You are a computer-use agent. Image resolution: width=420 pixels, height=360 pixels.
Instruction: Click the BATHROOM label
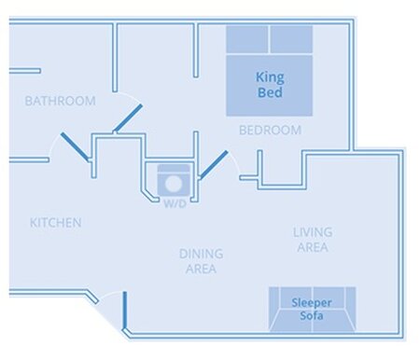coord(60,101)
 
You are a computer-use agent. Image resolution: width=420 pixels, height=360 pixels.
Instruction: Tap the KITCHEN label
coord(56,223)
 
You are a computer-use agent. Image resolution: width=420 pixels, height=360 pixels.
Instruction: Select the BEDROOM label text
coord(270,130)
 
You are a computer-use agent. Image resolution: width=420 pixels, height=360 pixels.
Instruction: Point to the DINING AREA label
coord(201,261)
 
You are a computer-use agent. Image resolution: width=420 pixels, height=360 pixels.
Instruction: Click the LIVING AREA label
coord(313,240)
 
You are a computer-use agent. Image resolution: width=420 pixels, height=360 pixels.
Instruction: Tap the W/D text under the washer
coord(175,204)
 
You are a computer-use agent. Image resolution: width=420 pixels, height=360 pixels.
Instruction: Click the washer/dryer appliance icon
coord(174,180)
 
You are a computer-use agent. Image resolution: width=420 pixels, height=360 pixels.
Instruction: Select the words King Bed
coord(270,85)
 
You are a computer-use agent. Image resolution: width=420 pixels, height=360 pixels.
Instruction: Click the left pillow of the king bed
coord(247,39)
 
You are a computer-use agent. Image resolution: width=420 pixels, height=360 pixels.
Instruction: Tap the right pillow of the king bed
coord(291,39)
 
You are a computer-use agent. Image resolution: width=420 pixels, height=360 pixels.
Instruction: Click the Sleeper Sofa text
coord(312,309)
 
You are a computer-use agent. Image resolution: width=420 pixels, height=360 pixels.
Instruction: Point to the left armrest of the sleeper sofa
coord(273,309)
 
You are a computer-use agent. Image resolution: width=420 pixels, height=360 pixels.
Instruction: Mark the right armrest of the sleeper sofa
coord(351,309)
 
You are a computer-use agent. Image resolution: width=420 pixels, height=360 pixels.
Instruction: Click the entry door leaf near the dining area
coord(125,311)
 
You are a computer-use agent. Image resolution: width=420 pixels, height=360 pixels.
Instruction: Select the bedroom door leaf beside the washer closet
coord(214,165)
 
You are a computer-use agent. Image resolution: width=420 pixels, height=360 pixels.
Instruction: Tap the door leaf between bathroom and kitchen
coord(75,146)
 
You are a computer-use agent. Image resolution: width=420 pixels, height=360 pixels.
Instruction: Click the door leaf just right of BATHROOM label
coord(128,118)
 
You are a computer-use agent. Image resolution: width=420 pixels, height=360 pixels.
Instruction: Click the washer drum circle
coord(174,184)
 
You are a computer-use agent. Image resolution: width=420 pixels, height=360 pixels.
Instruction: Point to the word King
coord(270,77)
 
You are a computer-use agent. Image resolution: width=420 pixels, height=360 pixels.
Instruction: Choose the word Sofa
coord(312,315)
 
